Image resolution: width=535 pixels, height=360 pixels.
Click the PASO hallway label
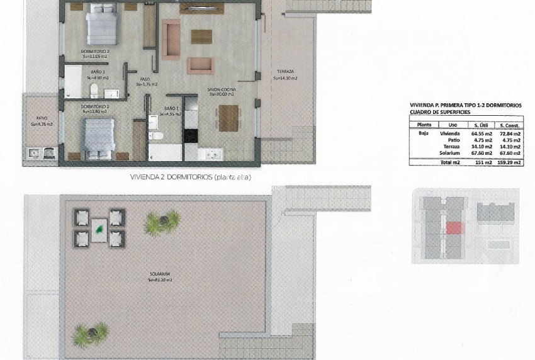coord(145,79)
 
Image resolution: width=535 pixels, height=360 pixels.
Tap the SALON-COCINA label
coord(222,90)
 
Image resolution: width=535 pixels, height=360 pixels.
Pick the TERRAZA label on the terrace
coord(285,72)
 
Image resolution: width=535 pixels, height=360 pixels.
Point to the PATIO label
coord(42,118)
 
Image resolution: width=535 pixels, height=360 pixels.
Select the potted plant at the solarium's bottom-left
coord(90,334)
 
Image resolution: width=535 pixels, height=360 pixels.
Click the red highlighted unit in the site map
coord(454,227)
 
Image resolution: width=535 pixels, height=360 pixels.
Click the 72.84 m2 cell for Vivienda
coord(509,133)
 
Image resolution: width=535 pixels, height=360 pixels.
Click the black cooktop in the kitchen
coord(190,134)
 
